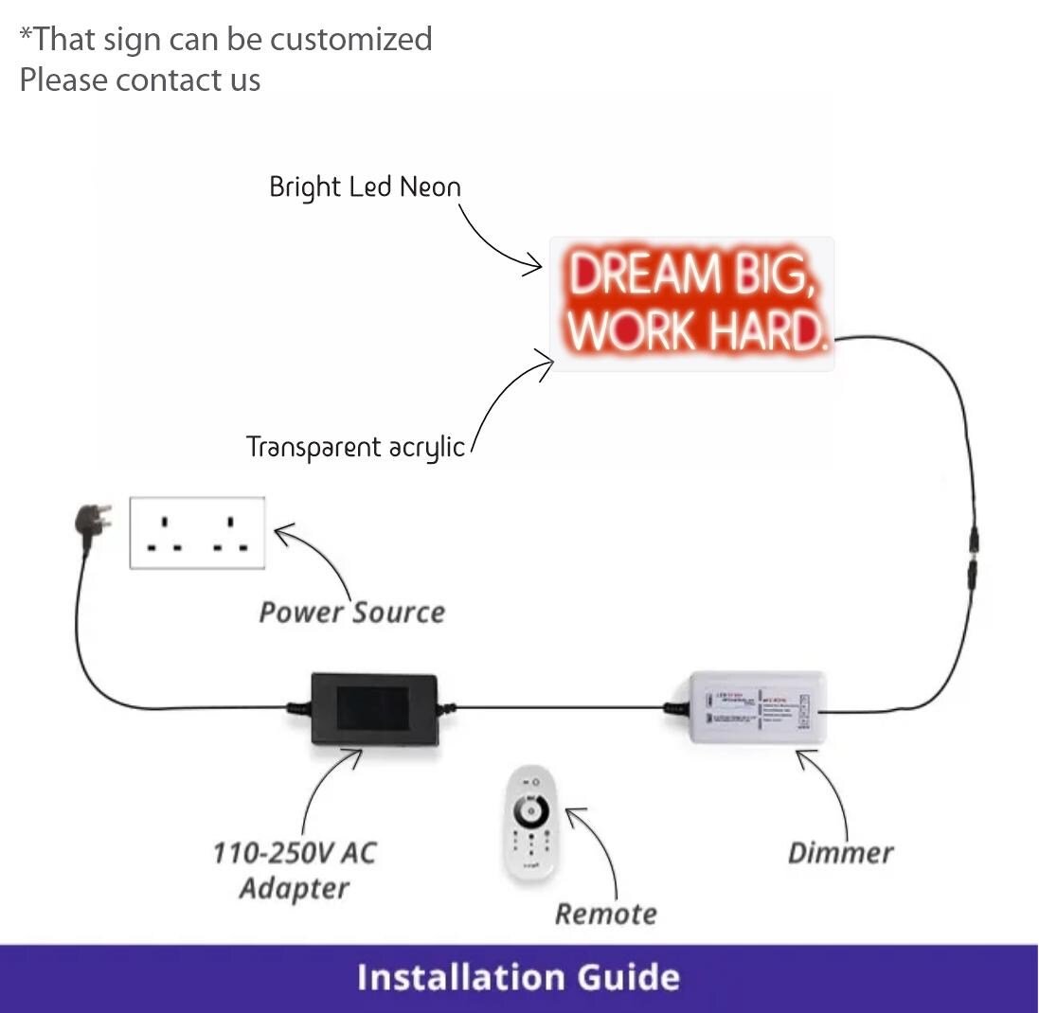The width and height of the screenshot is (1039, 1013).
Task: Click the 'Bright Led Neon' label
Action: tap(365, 187)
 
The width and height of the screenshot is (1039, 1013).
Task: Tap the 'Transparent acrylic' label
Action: tap(356, 447)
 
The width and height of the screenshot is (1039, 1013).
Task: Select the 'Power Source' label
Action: tap(352, 613)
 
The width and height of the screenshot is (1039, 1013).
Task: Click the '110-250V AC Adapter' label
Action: tap(294, 870)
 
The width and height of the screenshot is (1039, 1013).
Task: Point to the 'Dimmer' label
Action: tap(840, 853)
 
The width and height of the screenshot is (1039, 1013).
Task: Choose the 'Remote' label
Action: tap(605, 914)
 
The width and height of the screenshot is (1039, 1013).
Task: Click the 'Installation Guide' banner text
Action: tap(518, 977)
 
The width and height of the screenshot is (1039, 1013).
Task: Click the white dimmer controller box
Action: tap(757, 707)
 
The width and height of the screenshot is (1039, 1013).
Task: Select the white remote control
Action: tap(528, 823)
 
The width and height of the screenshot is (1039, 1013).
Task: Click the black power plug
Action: tap(93, 520)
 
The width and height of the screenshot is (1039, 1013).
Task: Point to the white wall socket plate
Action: tap(197, 532)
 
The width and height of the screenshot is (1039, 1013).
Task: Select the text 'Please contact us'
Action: tap(139, 80)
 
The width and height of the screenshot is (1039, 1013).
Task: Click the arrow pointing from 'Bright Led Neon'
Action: tap(497, 240)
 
